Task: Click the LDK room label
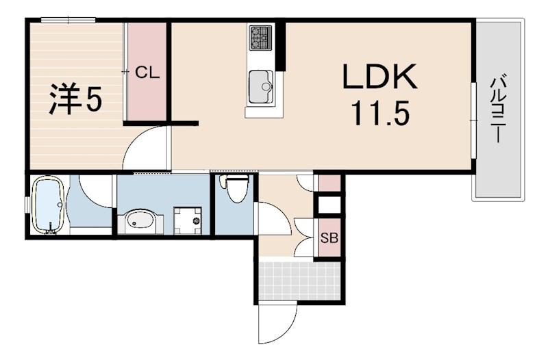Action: [379, 76]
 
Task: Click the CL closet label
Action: [147, 73]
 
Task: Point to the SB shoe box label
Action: [329, 238]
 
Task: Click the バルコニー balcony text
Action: [497, 109]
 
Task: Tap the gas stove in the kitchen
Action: [261, 38]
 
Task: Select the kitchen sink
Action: [261, 87]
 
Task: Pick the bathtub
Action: [49, 204]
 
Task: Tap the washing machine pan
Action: [188, 220]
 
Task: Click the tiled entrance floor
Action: [299, 280]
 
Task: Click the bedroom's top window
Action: [68, 21]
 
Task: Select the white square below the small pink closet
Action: [329, 205]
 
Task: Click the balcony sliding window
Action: [473, 120]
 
